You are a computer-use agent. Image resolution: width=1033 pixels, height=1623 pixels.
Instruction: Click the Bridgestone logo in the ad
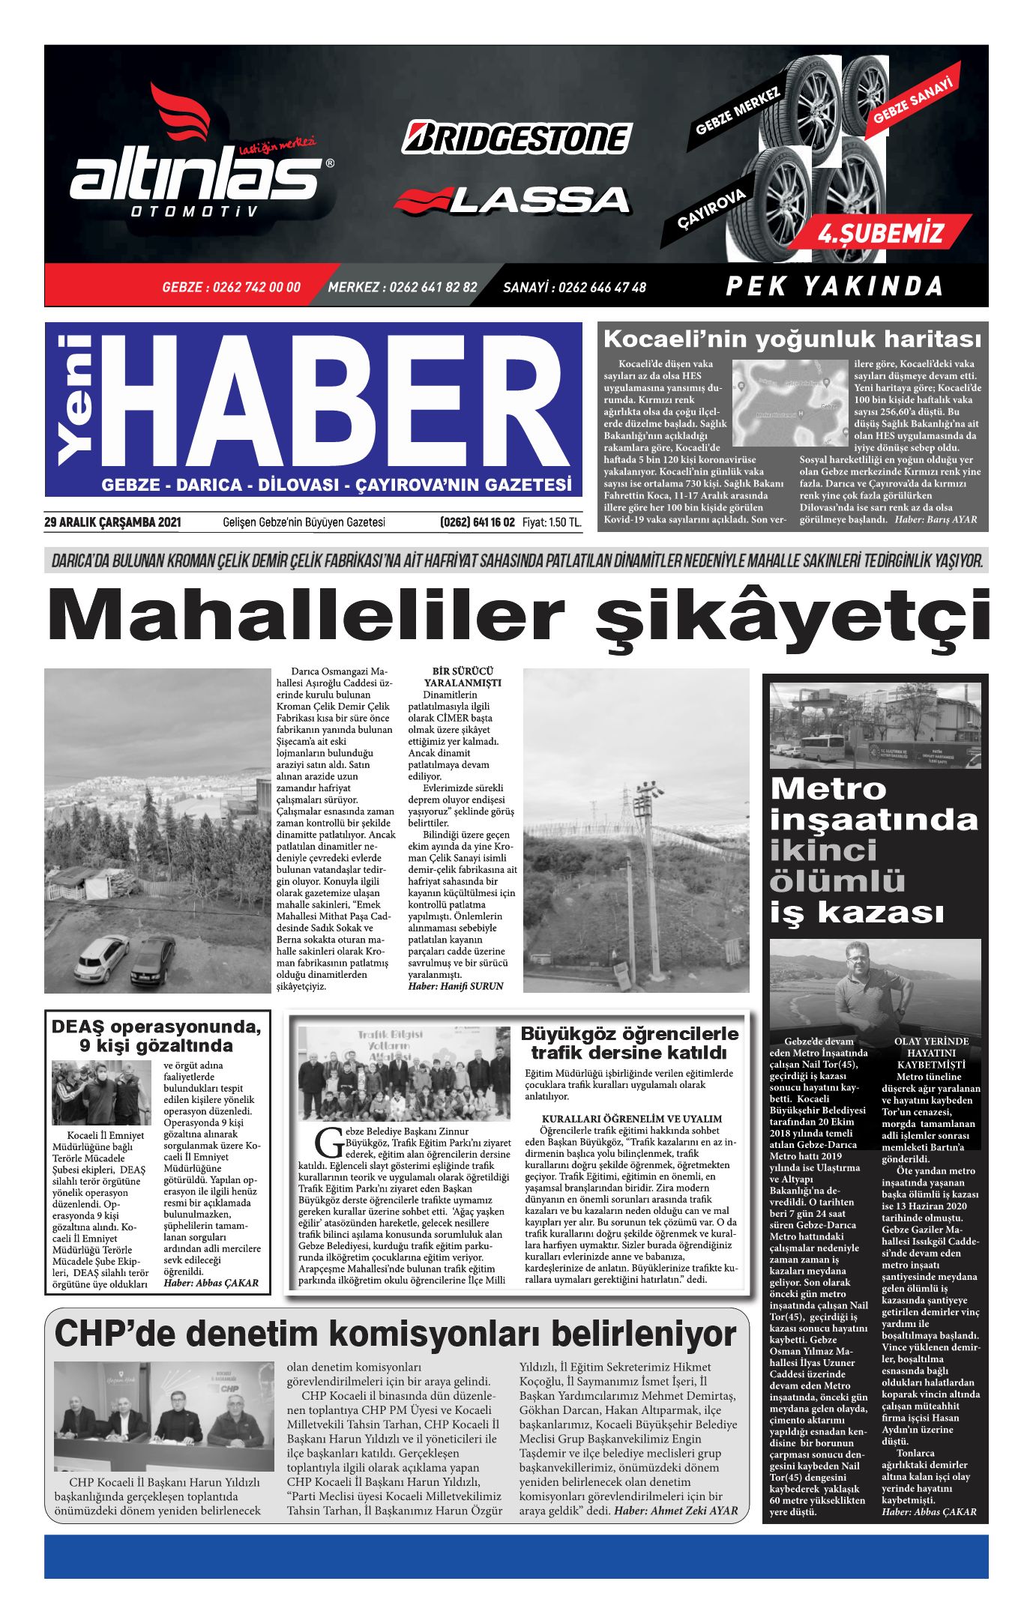tap(516, 138)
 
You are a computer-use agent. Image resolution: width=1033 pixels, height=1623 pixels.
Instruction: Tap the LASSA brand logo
tap(513, 199)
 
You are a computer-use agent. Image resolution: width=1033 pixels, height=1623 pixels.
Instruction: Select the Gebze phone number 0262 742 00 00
tap(231, 287)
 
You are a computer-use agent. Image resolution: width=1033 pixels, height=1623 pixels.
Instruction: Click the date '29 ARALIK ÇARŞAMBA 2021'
tap(112, 522)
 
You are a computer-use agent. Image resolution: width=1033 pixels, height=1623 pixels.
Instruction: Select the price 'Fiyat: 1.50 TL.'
tap(552, 522)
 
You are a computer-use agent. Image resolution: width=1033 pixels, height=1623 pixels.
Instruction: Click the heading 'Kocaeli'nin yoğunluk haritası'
tap(792, 339)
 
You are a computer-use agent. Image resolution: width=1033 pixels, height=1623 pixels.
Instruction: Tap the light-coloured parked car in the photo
tap(101, 956)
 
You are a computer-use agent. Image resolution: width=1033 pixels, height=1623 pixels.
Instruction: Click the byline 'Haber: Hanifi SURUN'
tap(455, 986)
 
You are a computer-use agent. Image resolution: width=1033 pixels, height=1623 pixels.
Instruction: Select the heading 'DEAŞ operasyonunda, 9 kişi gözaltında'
tap(156, 1036)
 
